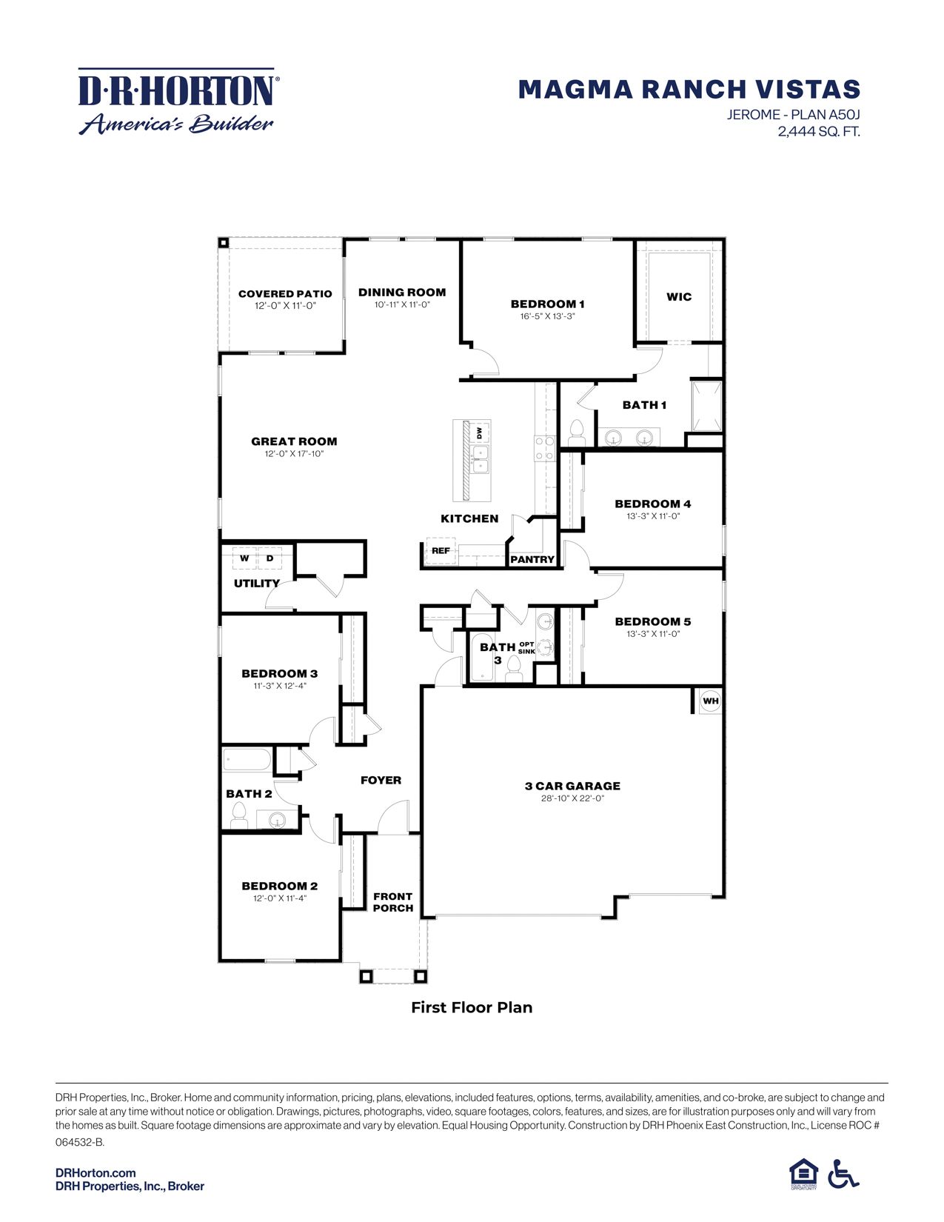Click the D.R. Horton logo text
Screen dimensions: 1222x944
point(176,90)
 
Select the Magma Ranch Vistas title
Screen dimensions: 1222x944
point(689,90)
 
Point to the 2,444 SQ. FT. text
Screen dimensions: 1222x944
point(818,132)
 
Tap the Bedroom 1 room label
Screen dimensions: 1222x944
point(547,304)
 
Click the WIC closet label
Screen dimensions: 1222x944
point(678,297)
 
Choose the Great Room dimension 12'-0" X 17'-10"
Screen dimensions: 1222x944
point(294,454)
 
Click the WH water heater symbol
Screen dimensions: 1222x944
point(710,701)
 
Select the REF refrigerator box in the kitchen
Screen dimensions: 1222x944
point(441,551)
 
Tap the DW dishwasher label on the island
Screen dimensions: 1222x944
point(480,433)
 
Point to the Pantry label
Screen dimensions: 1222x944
point(532,560)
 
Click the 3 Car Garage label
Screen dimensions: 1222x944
point(572,786)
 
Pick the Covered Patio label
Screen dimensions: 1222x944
point(285,294)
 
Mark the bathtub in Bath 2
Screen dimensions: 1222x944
point(247,760)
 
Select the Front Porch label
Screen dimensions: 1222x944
point(392,902)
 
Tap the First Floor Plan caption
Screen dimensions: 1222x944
point(472,1007)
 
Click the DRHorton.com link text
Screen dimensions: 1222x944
point(96,1172)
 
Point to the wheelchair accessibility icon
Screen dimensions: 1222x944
point(843,1174)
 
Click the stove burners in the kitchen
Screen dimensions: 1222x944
point(544,448)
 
